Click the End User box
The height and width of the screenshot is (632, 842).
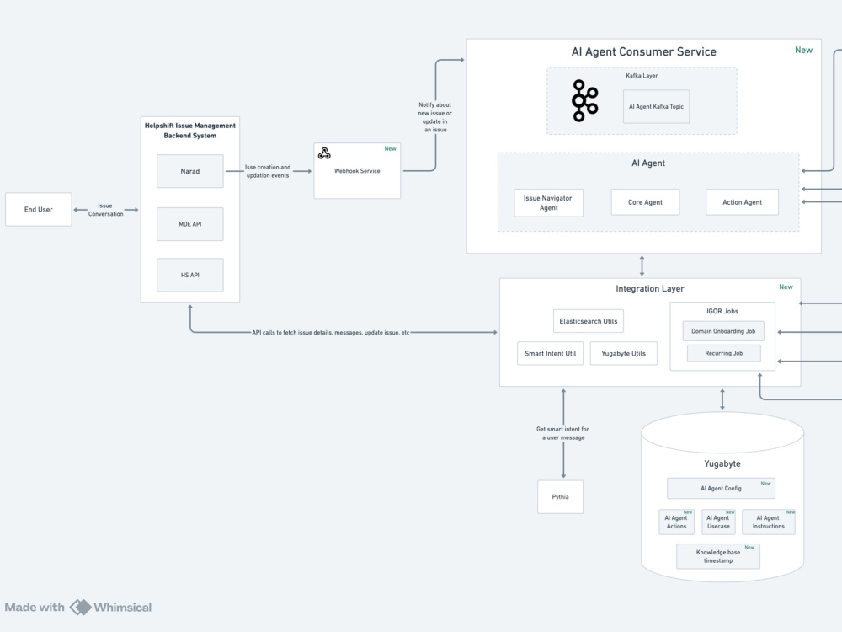(38, 209)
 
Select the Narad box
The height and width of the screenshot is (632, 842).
(190, 171)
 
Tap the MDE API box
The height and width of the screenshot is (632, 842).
(190, 224)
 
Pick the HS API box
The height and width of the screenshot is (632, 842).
(190, 275)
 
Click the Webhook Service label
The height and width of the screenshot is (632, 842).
(357, 171)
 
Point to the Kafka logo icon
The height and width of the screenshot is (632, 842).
(584, 100)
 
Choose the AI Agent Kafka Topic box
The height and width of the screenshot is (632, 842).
(656, 106)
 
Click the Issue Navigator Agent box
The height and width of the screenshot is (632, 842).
(548, 202)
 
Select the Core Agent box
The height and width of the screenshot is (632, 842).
(645, 202)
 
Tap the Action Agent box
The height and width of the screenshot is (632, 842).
(742, 202)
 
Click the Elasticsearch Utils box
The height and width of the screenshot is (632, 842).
(589, 321)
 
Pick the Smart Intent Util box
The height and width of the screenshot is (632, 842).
(550, 353)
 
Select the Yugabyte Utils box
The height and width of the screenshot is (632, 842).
(623, 353)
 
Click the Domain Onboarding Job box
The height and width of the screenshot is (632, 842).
(723, 331)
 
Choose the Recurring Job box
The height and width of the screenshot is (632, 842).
(724, 353)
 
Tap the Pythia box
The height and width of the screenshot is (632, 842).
(560, 496)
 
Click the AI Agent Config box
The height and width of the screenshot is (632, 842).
(721, 488)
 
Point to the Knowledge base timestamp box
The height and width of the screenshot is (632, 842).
(718, 556)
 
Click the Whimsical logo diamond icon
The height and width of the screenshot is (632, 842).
(81, 608)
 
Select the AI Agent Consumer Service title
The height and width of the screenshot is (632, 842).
(644, 51)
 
